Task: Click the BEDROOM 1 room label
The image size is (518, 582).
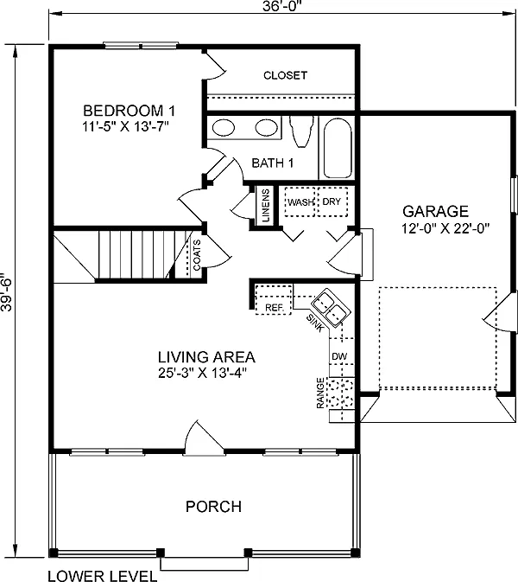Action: pos(129,111)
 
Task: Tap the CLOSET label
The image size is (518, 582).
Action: pos(285,75)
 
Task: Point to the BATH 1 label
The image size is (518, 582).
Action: pos(274,163)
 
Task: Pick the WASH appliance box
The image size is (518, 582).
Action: pos(300,201)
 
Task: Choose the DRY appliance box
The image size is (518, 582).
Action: pos(332,201)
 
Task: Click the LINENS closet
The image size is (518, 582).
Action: pos(265,207)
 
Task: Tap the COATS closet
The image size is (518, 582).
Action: pos(197,255)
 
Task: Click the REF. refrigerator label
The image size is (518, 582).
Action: pos(274,307)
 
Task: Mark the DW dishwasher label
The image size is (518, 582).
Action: pos(338,356)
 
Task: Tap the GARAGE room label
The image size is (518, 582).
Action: pos(435,211)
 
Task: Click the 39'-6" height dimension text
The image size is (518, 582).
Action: pos(9,296)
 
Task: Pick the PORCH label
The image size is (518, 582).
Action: pos(213,507)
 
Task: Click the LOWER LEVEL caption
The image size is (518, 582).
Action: pos(102,574)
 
